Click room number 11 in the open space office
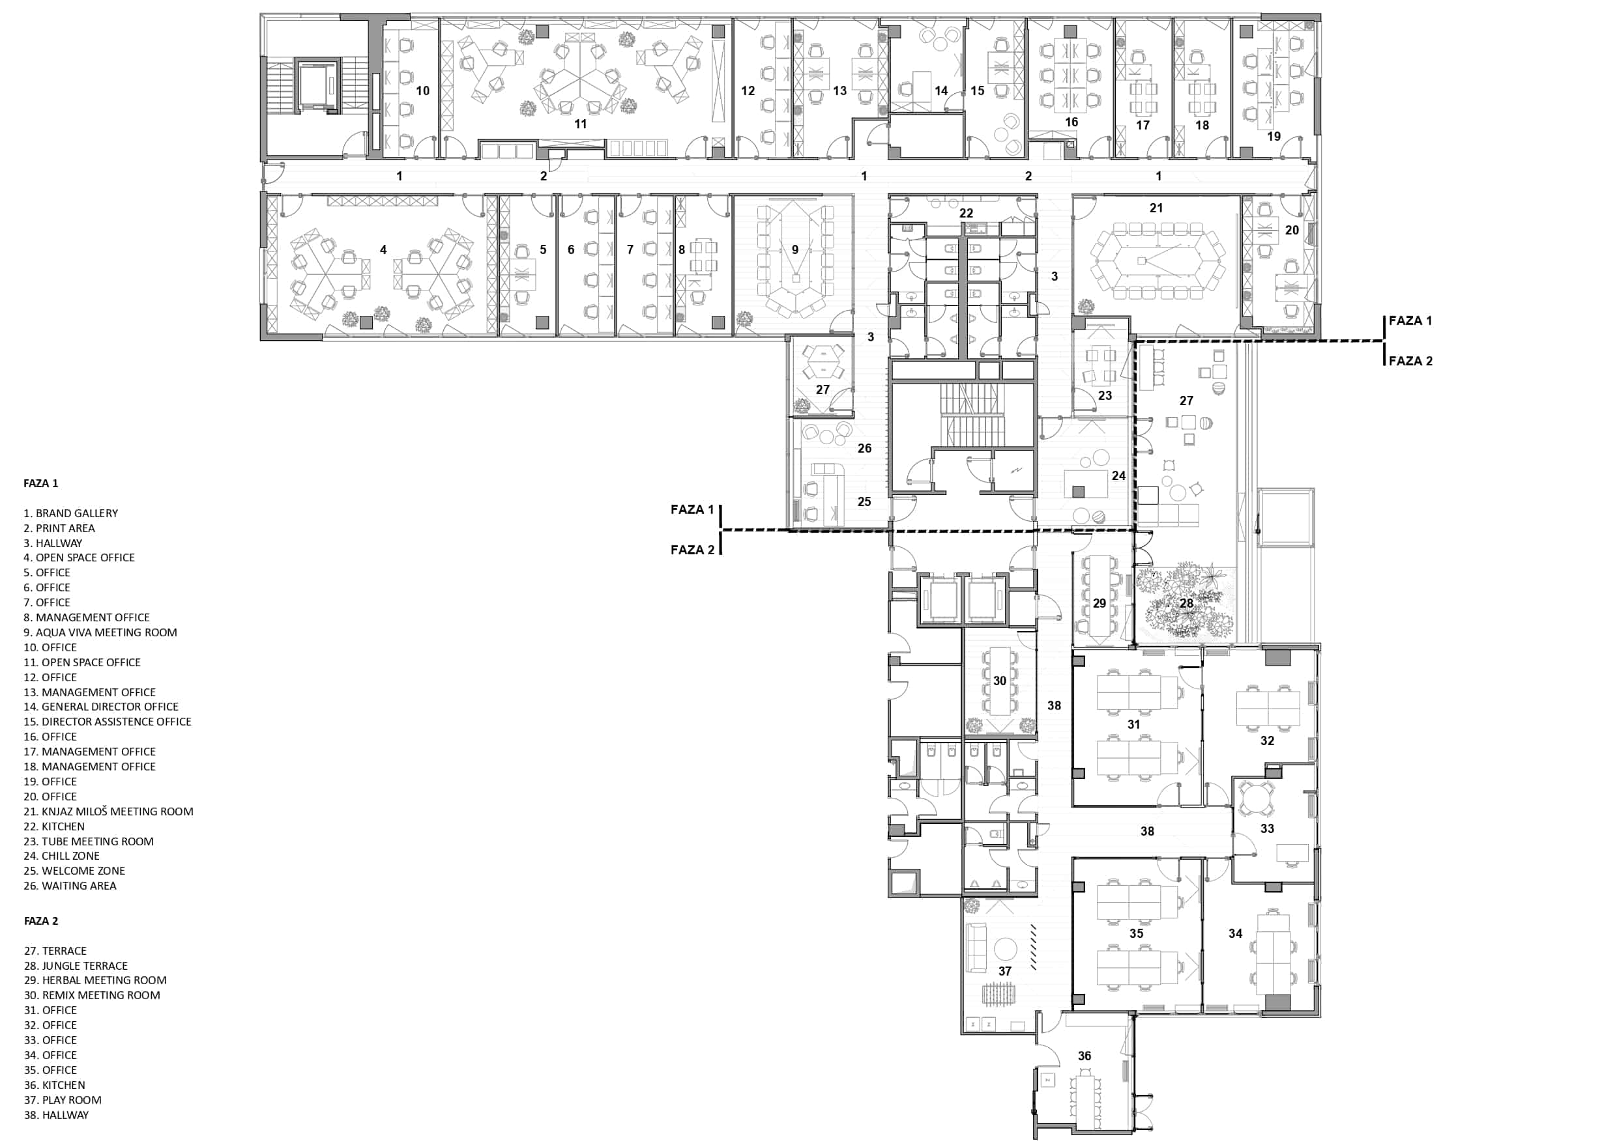pos(580,124)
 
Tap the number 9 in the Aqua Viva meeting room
pos(795,249)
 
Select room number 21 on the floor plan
pos(1156,208)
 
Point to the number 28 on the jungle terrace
pos(1187,603)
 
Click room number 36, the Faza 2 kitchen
pos(1085,1056)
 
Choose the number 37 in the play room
pos(1005,971)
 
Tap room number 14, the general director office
pos(941,91)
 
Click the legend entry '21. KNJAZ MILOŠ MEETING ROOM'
pos(108,811)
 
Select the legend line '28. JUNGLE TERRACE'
pos(76,966)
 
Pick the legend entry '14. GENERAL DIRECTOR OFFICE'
pos(101,707)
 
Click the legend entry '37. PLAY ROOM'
pos(63,1100)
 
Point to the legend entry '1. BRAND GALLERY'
pos(70,513)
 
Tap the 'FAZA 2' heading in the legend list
pos(41,921)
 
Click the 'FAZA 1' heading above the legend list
pos(41,483)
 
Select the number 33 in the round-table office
pos(1267,828)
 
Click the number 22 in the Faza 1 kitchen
pos(967,212)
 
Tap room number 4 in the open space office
pos(383,249)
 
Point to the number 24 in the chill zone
pos(1118,476)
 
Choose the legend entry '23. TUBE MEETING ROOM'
pos(89,841)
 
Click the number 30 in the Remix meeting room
pos(1000,681)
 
